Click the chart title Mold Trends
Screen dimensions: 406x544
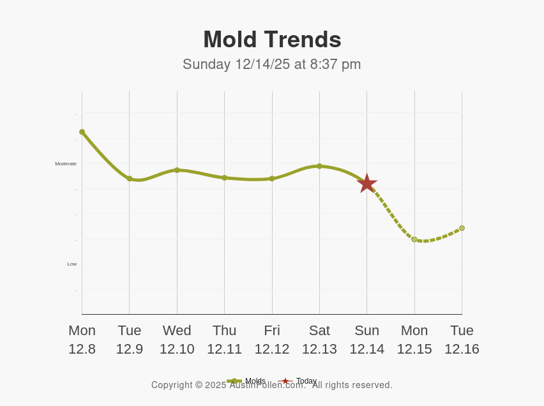click(272, 40)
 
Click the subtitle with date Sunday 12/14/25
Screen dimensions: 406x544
click(272, 64)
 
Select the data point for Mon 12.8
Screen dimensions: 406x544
click(82, 132)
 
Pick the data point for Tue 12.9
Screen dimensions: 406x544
click(130, 179)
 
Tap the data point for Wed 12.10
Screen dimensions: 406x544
click(177, 170)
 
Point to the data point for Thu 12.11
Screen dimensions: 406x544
click(224, 177)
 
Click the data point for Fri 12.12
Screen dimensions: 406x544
click(272, 179)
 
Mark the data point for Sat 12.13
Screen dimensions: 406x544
click(319, 166)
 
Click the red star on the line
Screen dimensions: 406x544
click(367, 183)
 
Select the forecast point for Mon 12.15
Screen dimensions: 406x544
click(414, 239)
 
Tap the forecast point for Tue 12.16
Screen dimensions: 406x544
click(462, 228)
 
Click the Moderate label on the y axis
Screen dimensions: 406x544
click(66, 163)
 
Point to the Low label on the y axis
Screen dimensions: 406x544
click(72, 264)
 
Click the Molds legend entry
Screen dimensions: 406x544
click(246, 381)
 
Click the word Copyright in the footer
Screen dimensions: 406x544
click(172, 385)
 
